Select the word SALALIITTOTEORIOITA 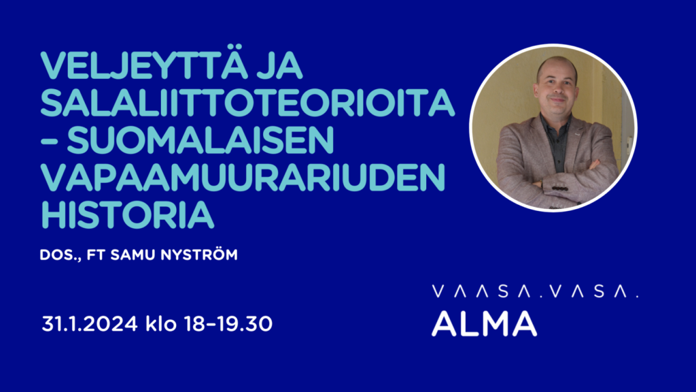tap(247, 103)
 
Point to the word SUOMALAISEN tap(201, 140)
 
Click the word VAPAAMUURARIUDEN tap(243, 178)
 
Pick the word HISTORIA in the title tap(127, 215)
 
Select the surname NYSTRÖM tap(199, 254)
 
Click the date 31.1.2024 tap(90, 324)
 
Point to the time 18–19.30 tap(228, 324)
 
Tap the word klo tap(161, 323)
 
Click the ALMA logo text tap(484, 323)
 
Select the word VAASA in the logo tap(482, 291)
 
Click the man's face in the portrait tap(557, 85)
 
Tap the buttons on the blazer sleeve tap(560, 189)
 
